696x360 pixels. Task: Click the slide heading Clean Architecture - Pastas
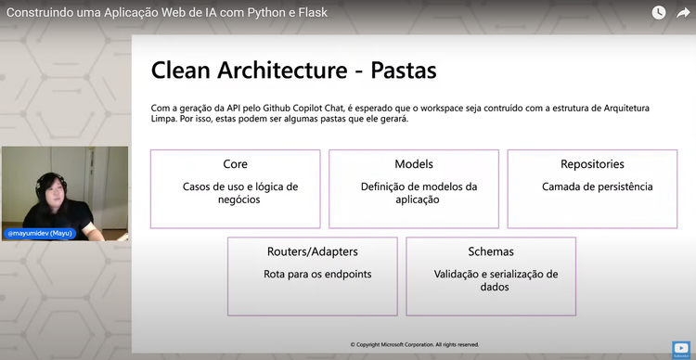coord(293,71)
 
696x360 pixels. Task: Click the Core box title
coord(235,164)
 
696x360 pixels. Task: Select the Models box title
coord(414,164)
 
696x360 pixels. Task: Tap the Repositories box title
coord(592,164)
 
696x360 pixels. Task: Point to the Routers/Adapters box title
coord(313,251)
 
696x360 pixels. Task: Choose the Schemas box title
coord(491,251)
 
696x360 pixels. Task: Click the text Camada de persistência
coord(597,186)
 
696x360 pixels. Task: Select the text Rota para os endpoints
coord(312,274)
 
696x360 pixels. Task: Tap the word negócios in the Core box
coord(236,199)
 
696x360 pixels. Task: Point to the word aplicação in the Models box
coord(419,199)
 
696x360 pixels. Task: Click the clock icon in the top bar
coord(658,13)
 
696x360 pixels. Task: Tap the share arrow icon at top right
coord(683,13)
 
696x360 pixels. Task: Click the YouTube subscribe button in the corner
coord(682,350)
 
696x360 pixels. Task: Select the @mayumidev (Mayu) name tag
coord(41,234)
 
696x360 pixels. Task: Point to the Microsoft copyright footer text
coord(415,344)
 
